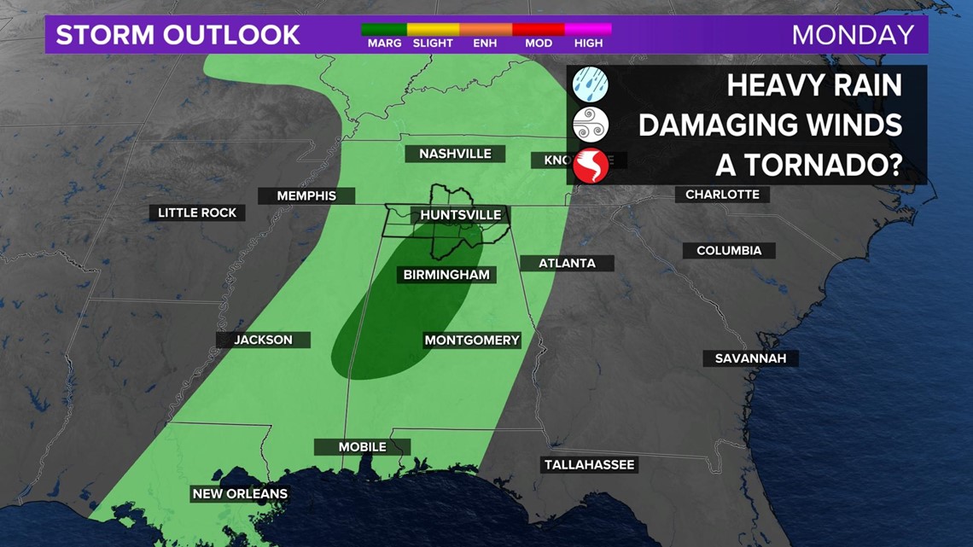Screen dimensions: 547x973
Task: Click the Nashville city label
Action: click(x=455, y=154)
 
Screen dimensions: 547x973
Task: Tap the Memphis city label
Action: click(x=306, y=195)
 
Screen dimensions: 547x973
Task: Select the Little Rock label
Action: click(x=197, y=212)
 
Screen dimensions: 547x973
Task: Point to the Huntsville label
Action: click(x=461, y=215)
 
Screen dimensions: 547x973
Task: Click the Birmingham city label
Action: click(x=446, y=275)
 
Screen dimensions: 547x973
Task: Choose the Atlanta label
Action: click(x=567, y=263)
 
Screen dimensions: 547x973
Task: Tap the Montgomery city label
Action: click(x=472, y=340)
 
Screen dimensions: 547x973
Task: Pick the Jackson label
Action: click(x=263, y=340)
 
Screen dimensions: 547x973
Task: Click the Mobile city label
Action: click(x=362, y=447)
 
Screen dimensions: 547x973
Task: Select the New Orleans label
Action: click(x=240, y=493)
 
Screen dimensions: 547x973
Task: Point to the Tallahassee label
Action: click(x=589, y=465)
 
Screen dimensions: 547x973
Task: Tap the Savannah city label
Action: click(x=750, y=358)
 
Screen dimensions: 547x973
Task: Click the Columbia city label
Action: click(x=729, y=251)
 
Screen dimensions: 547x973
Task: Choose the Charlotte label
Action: click(x=722, y=195)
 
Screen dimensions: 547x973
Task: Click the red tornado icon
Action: click(x=590, y=166)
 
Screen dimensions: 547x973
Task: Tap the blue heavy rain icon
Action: click(x=590, y=85)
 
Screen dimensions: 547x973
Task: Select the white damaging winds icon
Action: click(x=590, y=125)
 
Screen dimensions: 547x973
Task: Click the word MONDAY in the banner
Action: click(x=853, y=35)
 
